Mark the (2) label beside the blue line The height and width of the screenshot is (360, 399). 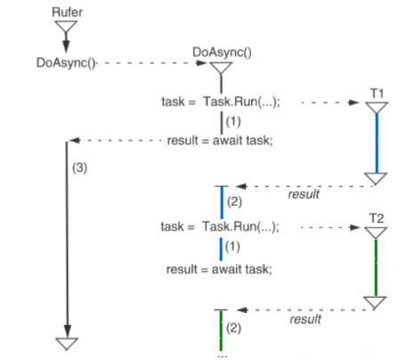[x=235, y=202]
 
